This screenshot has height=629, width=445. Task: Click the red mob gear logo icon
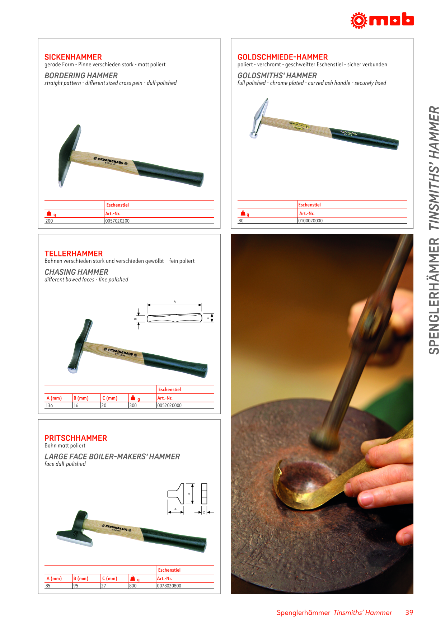click(x=359, y=20)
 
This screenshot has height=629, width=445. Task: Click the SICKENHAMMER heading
click(x=73, y=57)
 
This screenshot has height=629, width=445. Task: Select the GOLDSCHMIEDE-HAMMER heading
click(x=282, y=57)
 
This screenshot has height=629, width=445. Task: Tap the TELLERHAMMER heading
click(x=74, y=254)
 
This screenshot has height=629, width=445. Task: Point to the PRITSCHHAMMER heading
click(x=76, y=438)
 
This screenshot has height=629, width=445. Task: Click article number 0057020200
click(x=117, y=221)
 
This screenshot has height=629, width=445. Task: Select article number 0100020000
click(x=310, y=221)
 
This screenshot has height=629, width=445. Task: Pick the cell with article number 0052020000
click(x=169, y=405)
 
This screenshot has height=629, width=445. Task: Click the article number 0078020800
click(x=169, y=586)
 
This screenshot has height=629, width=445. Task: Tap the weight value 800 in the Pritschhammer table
click(x=133, y=586)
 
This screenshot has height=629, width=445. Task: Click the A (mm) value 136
click(x=49, y=405)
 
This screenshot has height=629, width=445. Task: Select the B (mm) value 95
click(x=76, y=586)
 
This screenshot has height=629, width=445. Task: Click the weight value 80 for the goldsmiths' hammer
click(x=241, y=221)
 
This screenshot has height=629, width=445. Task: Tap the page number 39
click(x=409, y=613)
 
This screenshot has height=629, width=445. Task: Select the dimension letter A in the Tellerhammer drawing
click(x=175, y=302)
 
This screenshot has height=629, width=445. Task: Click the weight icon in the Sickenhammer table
click(x=49, y=213)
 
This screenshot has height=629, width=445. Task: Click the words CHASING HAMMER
click(x=76, y=272)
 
